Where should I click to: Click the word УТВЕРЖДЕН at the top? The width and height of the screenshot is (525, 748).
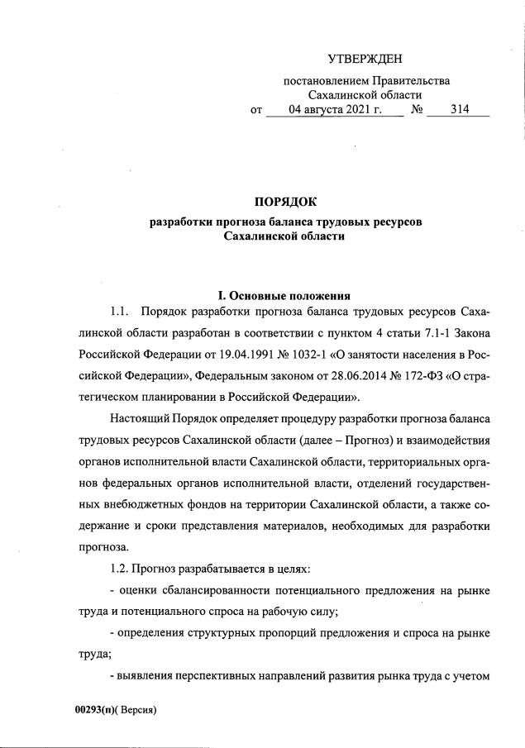coord(365,58)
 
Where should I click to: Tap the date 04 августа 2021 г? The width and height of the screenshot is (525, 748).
coord(334,109)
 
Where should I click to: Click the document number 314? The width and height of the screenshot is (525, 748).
coord(460,109)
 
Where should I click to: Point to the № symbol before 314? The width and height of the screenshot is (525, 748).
coord(417,109)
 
